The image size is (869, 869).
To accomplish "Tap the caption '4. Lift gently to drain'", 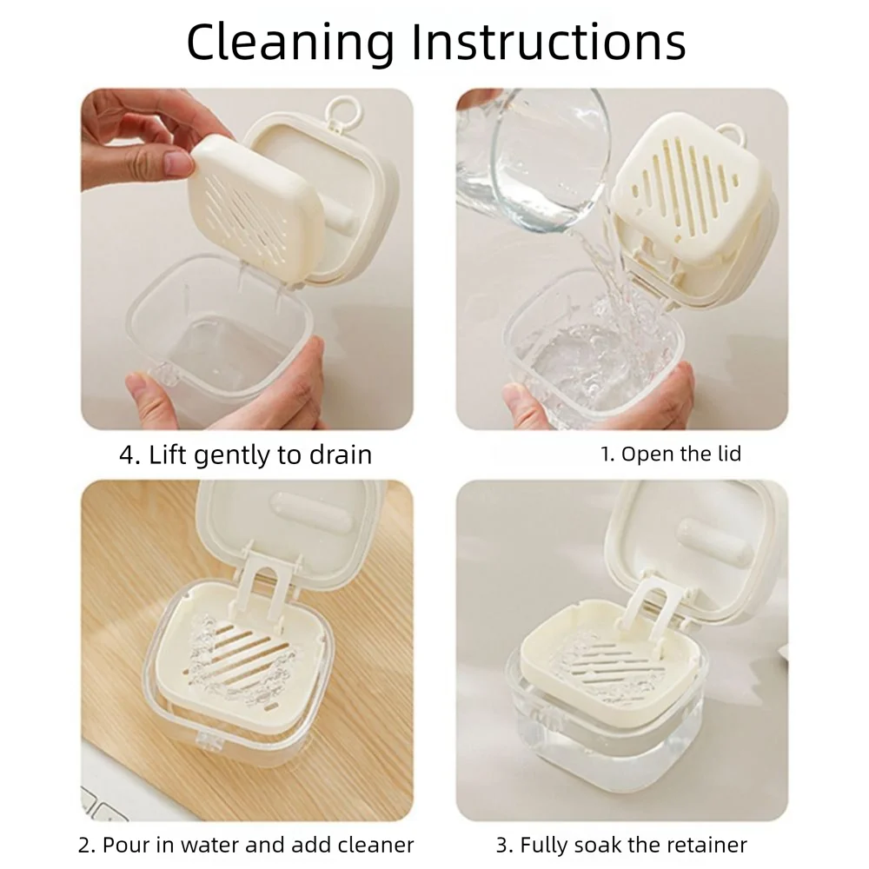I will [246, 454].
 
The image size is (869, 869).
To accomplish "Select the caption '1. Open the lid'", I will [672, 453].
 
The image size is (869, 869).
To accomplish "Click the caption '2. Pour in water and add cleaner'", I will [247, 844].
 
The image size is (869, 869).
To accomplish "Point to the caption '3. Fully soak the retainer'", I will [622, 844].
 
